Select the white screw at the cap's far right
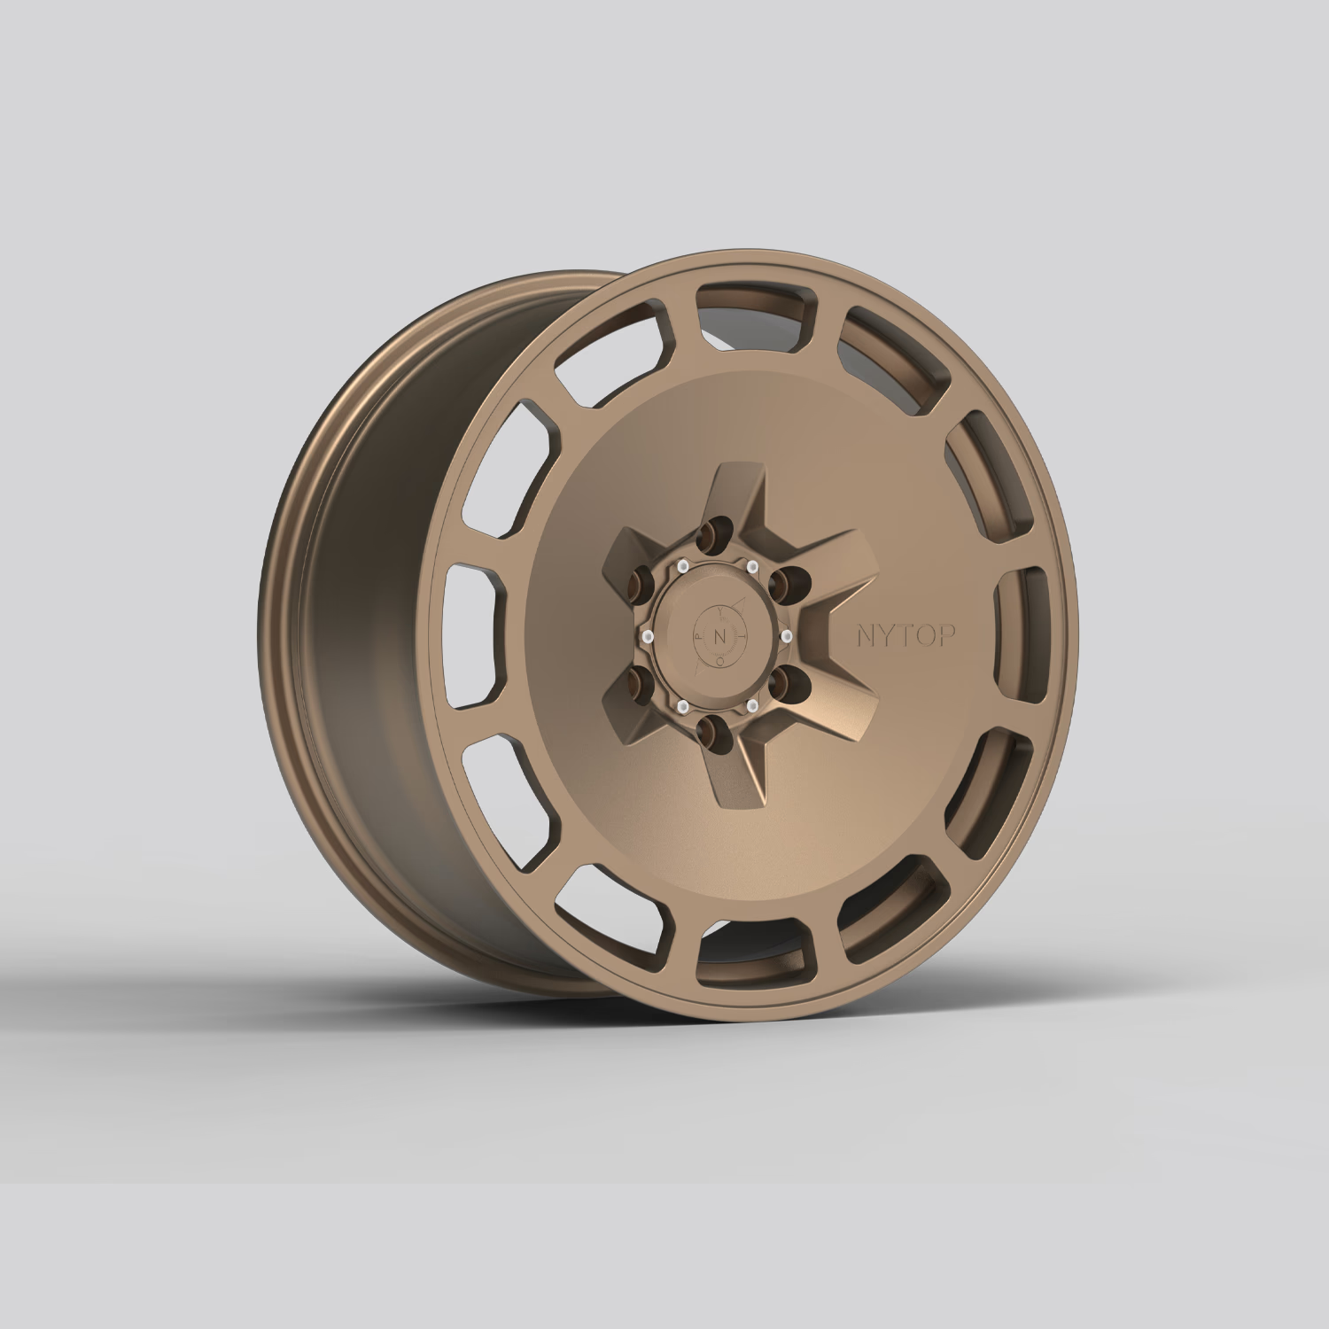pyautogui.click(x=786, y=636)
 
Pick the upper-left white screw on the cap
pyautogui.click(x=683, y=566)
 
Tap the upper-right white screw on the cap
pyautogui.click(x=752, y=566)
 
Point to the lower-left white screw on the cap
pyautogui.click(x=683, y=705)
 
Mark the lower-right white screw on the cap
pyautogui.click(x=752, y=705)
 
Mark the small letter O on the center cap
pyautogui.click(x=720, y=660)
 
